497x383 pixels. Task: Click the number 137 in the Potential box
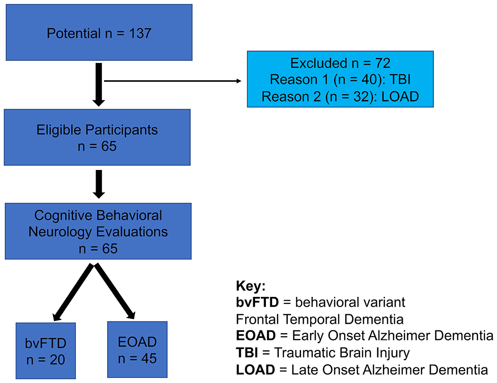(x=140, y=33)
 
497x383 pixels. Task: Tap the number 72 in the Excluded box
(x=383, y=63)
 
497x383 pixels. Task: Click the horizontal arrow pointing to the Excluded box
(x=173, y=81)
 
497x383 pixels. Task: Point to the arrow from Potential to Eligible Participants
(x=98, y=85)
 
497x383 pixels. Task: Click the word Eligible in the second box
(x=59, y=130)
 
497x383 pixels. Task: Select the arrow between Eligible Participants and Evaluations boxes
(x=99, y=184)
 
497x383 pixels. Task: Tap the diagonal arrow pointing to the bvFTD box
(x=73, y=292)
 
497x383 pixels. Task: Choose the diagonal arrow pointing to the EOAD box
(x=115, y=291)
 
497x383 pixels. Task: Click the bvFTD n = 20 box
(x=45, y=351)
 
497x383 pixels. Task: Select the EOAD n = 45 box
(x=137, y=349)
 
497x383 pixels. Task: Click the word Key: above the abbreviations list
(x=251, y=286)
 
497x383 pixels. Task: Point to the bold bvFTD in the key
(x=257, y=303)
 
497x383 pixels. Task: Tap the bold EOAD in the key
(x=256, y=336)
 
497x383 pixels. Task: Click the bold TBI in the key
(x=247, y=353)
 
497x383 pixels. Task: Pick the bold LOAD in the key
(x=256, y=370)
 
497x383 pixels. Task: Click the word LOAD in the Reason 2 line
(x=400, y=97)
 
